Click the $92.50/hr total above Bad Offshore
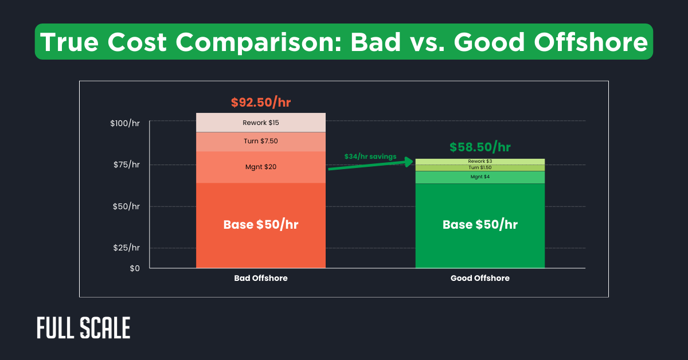coord(261,103)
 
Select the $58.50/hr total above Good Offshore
coord(480,147)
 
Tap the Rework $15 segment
coord(261,123)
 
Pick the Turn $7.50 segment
coord(261,142)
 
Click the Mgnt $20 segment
coord(261,167)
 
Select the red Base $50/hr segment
coord(261,225)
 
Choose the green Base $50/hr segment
coord(480,225)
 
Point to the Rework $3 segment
coord(480,162)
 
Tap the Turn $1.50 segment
coord(480,167)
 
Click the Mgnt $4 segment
coord(480,177)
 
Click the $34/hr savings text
coord(370,156)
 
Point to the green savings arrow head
coord(409,162)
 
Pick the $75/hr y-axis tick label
coord(127,165)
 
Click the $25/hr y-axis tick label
coord(127,248)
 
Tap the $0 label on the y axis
coord(134,268)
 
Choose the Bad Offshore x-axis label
coord(261,278)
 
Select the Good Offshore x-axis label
coord(480,278)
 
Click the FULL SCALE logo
coord(83,328)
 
